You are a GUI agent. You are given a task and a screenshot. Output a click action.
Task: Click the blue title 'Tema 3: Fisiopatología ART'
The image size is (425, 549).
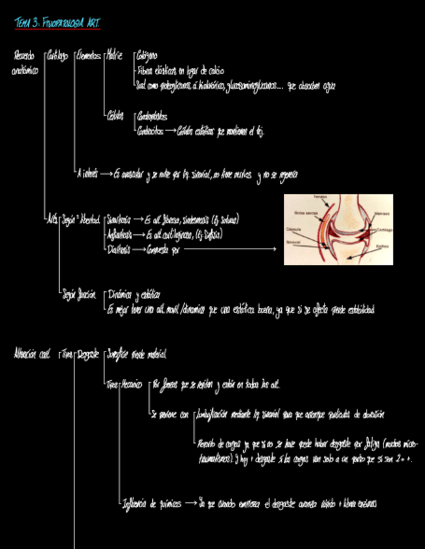[x=58, y=24]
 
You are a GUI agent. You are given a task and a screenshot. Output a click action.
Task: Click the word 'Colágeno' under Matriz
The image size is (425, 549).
[x=147, y=56]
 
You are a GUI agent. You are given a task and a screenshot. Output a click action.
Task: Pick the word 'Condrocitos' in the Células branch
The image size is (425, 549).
[x=150, y=131]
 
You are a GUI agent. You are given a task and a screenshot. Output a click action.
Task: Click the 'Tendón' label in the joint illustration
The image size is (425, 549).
[x=321, y=197]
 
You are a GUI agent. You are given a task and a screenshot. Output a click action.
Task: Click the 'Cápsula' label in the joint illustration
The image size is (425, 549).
[x=293, y=229]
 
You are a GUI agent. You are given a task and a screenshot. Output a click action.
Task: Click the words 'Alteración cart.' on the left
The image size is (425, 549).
[x=31, y=354]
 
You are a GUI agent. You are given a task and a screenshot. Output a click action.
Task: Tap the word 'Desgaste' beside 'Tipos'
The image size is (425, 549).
[x=88, y=354]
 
